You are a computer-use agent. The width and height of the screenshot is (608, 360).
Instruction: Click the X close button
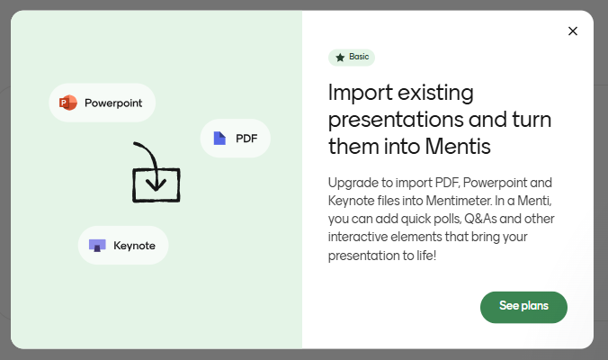tap(573, 31)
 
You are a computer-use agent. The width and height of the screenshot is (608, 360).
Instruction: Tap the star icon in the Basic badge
tap(340, 58)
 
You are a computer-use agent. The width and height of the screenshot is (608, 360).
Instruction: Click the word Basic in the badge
tap(359, 57)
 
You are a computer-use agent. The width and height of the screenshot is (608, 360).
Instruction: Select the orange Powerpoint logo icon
tap(68, 103)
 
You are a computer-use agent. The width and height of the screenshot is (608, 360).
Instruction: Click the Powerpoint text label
tap(113, 103)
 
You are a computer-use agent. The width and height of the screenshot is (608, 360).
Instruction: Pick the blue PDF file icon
tap(219, 139)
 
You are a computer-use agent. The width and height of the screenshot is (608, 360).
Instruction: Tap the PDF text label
tap(246, 139)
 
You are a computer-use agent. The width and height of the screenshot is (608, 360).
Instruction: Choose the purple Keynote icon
tap(97, 245)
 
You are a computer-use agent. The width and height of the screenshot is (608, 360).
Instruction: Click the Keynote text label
tap(134, 245)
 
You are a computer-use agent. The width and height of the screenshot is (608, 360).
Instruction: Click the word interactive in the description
tap(360, 238)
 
